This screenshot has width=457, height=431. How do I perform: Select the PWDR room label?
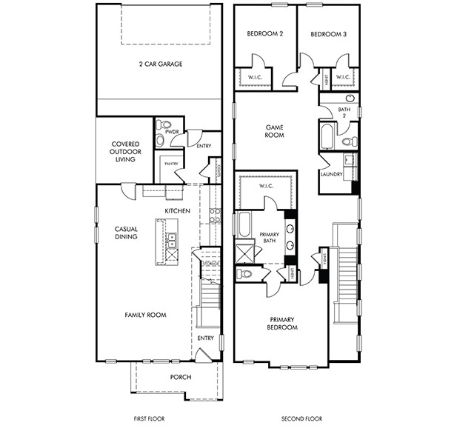coord(172,131)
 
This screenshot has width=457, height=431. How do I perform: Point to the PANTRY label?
coord(171,163)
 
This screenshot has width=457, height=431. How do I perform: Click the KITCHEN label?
coord(178,211)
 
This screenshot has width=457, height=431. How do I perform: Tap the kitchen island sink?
coord(171,238)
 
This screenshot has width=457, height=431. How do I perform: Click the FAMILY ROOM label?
coord(145,315)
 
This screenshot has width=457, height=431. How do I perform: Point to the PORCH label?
coord(180,377)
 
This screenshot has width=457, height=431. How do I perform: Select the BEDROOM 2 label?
coord(264,34)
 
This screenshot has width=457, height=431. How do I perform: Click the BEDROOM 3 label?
coord(327,34)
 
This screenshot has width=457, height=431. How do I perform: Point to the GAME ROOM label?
coord(276,131)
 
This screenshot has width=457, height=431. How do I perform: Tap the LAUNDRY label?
coord(330,174)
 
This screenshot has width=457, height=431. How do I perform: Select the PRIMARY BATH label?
coord(269,238)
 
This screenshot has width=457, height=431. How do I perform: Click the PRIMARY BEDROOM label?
coord(282,324)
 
